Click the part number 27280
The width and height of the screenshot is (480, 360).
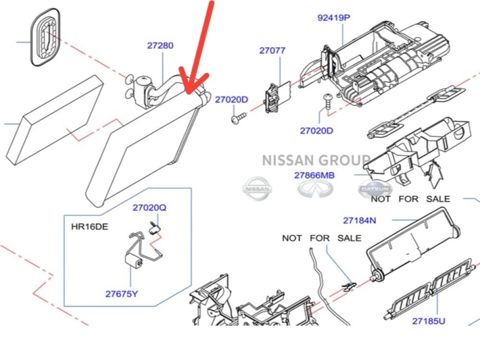pyautogui.click(x=160, y=46)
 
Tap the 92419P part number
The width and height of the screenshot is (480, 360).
pyautogui.click(x=333, y=18)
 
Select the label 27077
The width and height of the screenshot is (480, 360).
pyautogui.click(x=272, y=50)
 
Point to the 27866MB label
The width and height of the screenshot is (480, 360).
pyautogui.click(x=314, y=175)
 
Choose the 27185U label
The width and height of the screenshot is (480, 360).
pyautogui.click(x=429, y=321)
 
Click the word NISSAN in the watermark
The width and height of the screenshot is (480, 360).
pyautogui.click(x=286, y=160)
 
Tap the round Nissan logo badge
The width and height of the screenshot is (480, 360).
pyautogui.click(x=257, y=188)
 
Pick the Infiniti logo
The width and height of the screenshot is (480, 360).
pyautogui.click(x=315, y=188)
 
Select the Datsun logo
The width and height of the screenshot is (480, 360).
pyautogui.click(x=374, y=189)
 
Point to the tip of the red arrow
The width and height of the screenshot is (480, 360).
pyautogui.click(x=186, y=93)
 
